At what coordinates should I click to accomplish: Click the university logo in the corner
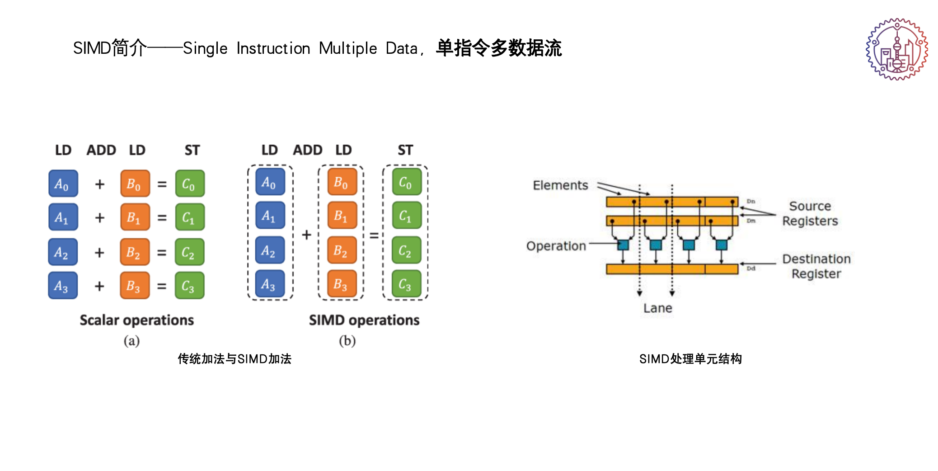[x=896, y=49]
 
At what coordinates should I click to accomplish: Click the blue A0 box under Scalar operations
[x=63, y=184]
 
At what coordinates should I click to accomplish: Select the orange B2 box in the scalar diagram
[x=135, y=252]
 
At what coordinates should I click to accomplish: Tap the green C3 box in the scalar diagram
[x=189, y=286]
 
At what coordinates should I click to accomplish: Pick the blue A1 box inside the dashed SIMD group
[x=270, y=216]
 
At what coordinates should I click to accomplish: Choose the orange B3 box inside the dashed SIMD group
[x=342, y=284]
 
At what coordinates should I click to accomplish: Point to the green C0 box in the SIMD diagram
[x=406, y=182]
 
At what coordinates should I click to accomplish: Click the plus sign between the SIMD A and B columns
[x=306, y=235]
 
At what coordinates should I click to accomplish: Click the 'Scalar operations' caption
[x=136, y=320]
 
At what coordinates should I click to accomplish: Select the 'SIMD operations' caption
[x=364, y=320]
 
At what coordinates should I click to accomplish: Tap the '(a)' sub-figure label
[x=131, y=340]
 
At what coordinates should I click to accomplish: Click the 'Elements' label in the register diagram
[x=560, y=185]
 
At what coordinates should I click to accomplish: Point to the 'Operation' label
[x=556, y=246]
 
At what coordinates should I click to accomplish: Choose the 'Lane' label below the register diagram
[x=657, y=308]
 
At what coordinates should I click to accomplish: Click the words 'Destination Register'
[x=816, y=266]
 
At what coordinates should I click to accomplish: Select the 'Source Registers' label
[x=810, y=213]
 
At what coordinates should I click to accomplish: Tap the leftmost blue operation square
[x=623, y=245]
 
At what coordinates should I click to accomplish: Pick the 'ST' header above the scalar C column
[x=192, y=150]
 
